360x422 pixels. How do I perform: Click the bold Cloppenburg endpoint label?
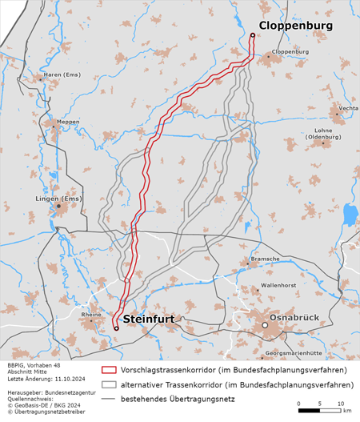(295, 26)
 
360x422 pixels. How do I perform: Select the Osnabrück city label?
(294, 318)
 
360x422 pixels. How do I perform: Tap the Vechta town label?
(348, 107)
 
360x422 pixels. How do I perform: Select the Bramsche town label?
(265, 259)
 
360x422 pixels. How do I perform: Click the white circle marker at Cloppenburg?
(252, 34)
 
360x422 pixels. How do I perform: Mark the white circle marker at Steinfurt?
(116, 328)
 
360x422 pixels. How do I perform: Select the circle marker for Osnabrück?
(265, 325)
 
